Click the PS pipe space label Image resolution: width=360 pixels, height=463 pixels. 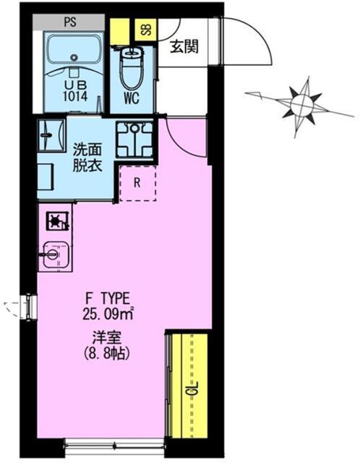point(70,22)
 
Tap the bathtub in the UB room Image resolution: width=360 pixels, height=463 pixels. point(74,51)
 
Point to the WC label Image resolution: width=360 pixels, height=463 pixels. point(132,98)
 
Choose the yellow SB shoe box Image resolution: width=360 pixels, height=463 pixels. point(146,30)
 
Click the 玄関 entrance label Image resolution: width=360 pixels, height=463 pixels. point(184,47)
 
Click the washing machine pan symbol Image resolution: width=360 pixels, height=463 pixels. point(135,139)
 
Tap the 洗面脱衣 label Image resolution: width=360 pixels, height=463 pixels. point(87,158)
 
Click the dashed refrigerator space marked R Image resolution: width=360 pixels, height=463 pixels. point(137,183)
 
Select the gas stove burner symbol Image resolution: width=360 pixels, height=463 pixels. point(57,221)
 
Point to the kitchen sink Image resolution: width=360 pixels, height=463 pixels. point(56,254)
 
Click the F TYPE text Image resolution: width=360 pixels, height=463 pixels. point(108,299)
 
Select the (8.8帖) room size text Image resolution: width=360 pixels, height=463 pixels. point(107,353)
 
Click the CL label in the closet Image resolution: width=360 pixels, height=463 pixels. point(192,389)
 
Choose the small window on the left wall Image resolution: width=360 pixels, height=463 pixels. point(29,307)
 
